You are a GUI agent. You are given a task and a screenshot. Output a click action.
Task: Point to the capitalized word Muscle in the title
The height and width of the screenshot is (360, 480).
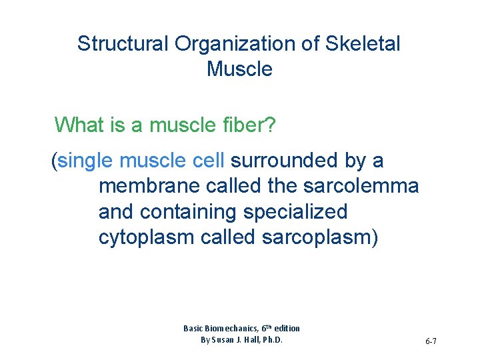[239, 69]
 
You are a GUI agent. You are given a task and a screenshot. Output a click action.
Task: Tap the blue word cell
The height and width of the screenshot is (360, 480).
[209, 161]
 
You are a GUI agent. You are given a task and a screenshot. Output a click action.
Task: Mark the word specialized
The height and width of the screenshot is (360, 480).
[295, 212]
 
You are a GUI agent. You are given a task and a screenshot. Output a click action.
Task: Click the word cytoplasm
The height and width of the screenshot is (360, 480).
[146, 237]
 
